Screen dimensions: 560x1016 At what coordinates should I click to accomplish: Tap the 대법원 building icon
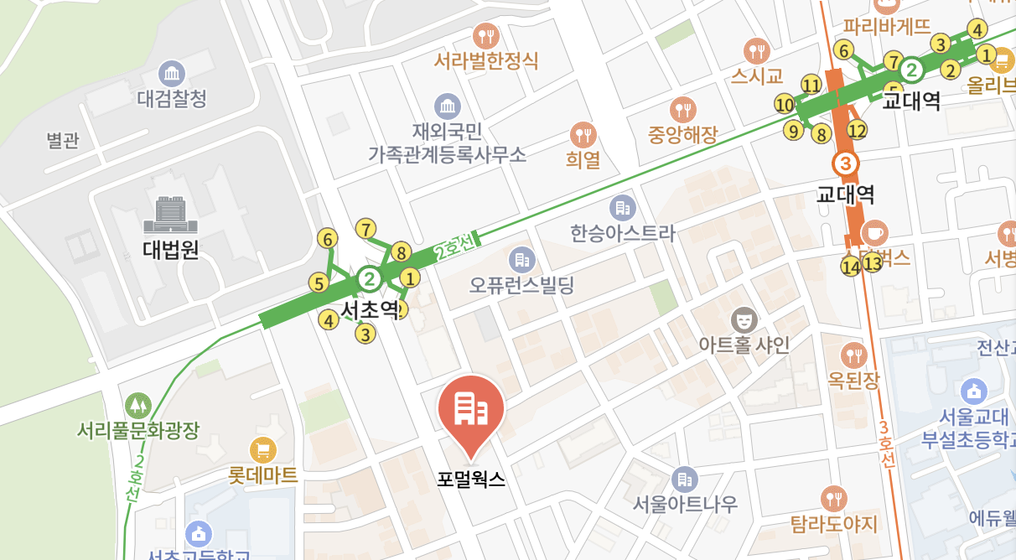click(170, 215)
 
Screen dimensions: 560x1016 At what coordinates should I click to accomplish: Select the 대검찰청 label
click(172, 99)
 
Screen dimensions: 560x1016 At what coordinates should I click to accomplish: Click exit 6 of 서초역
click(328, 239)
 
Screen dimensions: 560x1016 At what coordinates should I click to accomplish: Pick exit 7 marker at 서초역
click(365, 228)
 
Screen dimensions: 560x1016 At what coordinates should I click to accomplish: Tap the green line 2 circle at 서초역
click(369, 277)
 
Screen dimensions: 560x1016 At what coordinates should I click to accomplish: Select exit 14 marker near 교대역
click(851, 267)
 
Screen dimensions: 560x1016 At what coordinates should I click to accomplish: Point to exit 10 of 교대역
click(785, 105)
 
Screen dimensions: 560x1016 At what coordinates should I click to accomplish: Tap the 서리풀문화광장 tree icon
click(137, 405)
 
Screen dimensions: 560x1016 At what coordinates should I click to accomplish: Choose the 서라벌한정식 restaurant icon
click(486, 35)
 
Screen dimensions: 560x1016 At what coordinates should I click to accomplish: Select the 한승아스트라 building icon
click(621, 206)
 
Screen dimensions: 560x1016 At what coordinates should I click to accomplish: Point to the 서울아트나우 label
click(686, 504)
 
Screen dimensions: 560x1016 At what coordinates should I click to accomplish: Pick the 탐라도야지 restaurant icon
click(833, 499)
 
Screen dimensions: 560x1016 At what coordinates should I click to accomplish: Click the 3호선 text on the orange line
click(887, 442)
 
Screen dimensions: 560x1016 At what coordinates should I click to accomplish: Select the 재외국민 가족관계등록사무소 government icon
click(448, 106)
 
